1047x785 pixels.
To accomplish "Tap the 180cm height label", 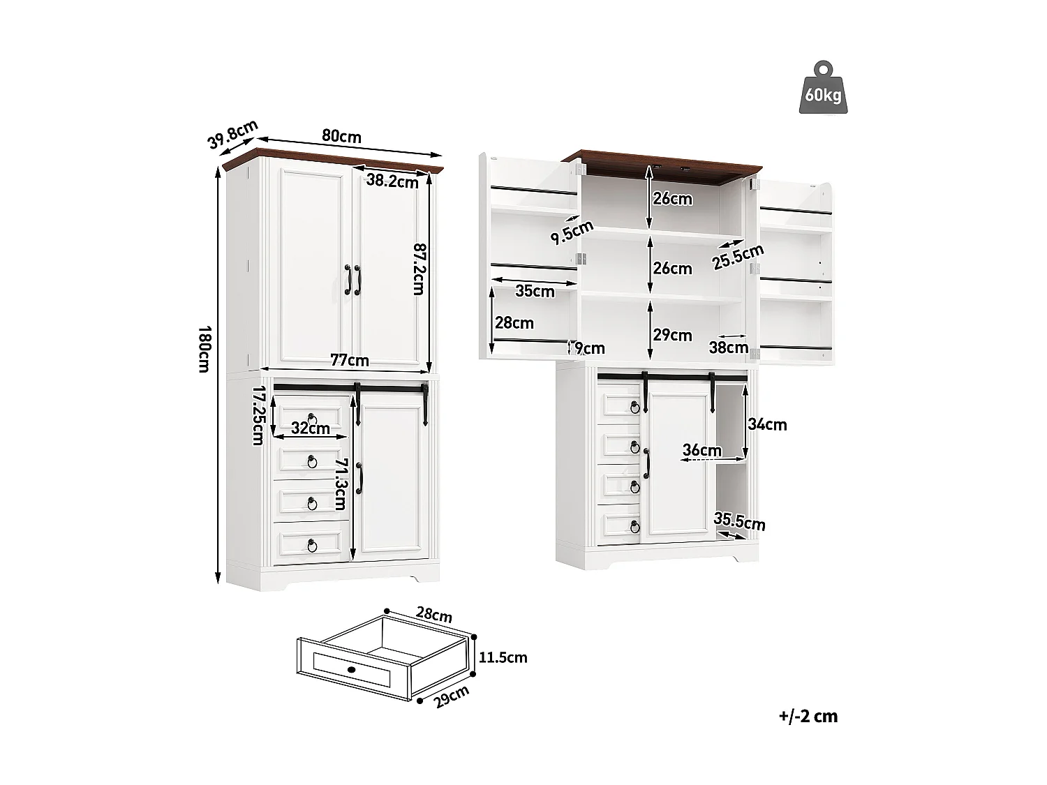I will pos(204,348).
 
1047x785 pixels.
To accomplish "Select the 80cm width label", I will pos(341,135).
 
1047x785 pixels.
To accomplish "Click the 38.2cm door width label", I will pos(392,181).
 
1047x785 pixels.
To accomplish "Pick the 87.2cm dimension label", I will pos(417,268).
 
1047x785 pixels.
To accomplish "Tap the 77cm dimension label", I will pos(349,360).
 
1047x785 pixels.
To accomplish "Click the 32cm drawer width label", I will pos(310,428).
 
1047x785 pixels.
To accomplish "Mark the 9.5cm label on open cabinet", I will pos(572,232).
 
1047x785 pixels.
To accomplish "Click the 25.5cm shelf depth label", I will pos(738,256).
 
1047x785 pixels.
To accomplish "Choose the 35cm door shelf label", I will pos(535,291).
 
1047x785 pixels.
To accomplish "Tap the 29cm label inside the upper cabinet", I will pos(672,336).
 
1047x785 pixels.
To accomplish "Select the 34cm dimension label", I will pos(767,424).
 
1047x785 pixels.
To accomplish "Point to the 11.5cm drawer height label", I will pos(503,657).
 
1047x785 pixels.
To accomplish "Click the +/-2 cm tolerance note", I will pos(808,716).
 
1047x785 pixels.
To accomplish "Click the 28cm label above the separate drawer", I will pos(433,615).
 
